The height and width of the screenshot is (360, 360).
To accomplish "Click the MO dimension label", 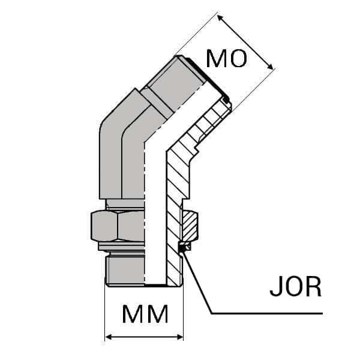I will coord(226,59).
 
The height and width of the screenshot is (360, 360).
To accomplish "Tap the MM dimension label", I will coord(145,314).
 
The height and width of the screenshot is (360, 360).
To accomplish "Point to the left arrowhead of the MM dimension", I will coord(109,337).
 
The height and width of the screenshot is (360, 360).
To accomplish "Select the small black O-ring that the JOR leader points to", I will coord(183,246).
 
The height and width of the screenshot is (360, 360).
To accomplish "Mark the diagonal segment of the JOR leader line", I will coord(198,282).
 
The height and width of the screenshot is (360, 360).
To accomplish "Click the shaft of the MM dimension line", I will coord(144,337).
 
